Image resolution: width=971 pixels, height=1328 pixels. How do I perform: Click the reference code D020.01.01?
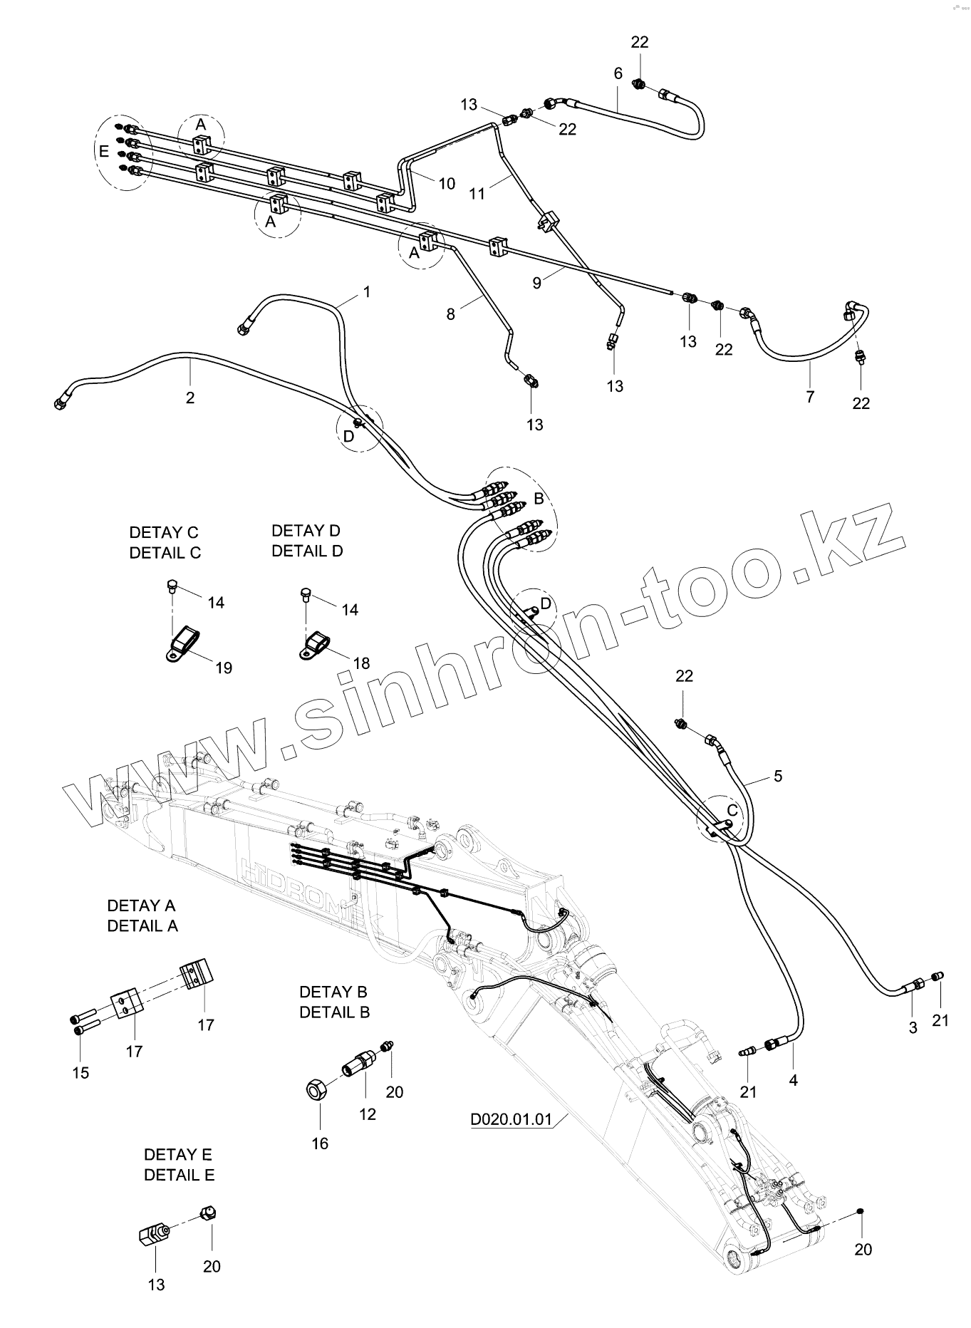tap(511, 1119)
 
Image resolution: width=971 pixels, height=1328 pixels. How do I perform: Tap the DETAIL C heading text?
tap(165, 552)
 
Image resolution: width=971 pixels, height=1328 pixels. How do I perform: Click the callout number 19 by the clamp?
tap(224, 668)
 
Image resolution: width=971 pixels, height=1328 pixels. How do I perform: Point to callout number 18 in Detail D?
tap(361, 663)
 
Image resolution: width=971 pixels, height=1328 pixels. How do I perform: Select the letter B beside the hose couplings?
tap(539, 497)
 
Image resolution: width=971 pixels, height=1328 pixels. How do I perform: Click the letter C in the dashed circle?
tap(732, 810)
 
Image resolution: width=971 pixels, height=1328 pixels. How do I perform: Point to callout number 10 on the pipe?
tap(447, 184)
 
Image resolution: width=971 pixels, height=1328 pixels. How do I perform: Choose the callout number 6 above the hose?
tap(618, 73)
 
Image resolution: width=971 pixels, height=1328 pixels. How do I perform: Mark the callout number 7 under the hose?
tap(810, 397)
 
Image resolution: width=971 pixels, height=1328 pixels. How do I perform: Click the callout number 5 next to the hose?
tap(778, 776)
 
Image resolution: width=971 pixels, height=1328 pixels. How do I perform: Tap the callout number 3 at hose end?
tap(913, 1028)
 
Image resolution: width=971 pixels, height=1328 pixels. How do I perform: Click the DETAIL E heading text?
tap(179, 1175)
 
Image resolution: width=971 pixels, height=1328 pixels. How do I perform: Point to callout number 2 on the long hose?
tap(190, 397)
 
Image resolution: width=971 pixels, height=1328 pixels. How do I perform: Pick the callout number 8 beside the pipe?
tap(450, 313)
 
